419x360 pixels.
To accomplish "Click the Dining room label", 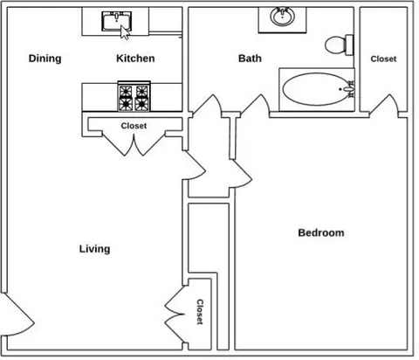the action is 45,59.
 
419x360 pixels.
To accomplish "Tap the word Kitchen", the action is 135,59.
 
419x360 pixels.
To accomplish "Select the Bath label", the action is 250,59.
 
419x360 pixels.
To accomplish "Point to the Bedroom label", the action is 321,232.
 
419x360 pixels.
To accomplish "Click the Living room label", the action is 94,249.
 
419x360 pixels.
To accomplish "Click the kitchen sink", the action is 116,21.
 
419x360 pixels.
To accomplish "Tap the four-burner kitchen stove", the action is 134,96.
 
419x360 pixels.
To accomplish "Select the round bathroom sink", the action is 282,17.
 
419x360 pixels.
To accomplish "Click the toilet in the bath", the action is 339,45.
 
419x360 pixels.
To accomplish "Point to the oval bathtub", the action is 317,89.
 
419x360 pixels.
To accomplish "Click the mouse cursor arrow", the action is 125,32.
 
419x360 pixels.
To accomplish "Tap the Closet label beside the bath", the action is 383,59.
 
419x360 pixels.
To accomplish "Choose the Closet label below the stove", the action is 134,126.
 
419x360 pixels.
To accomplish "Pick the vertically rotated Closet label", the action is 200,312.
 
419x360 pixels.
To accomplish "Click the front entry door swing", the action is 17,315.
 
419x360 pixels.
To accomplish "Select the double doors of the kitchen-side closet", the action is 134,144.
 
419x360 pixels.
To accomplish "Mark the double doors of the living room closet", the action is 175,315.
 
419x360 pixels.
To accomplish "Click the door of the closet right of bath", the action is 383,106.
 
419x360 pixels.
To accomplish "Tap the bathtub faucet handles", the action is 349,89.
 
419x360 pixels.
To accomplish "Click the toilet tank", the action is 349,45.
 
